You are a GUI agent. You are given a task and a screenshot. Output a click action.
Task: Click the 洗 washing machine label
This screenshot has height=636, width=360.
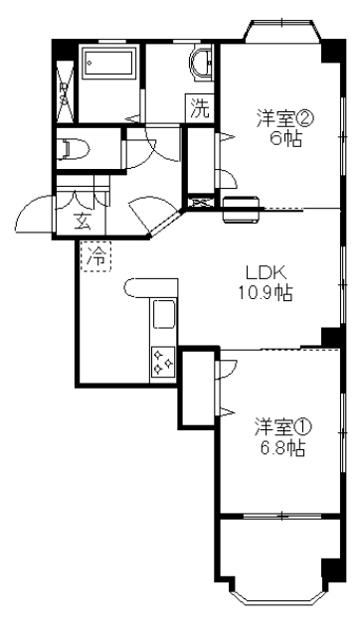(x=201, y=109)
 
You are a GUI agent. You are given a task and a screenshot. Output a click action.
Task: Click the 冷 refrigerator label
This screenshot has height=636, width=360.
(x=96, y=257)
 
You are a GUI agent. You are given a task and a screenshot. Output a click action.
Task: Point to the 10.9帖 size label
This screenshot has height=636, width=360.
(x=266, y=293)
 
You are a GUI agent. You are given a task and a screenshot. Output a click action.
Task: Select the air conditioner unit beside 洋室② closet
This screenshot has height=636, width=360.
(x=242, y=209)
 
